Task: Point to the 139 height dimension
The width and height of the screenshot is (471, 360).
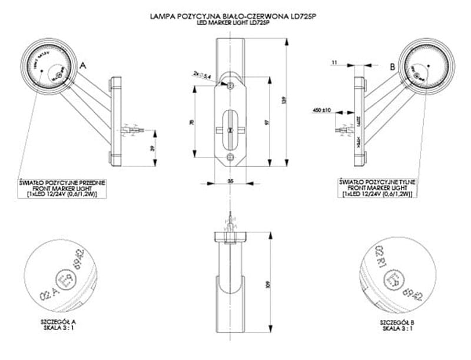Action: point(285,101)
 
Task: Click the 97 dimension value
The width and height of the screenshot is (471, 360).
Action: point(267,122)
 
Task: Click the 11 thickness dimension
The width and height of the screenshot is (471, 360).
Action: point(334,61)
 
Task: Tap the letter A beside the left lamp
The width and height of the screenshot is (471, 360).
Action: point(83,66)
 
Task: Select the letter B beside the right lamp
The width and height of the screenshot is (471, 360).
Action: point(392,67)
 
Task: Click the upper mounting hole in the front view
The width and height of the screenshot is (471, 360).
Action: point(231,86)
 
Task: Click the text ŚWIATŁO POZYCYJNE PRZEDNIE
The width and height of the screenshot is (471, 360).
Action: point(62,183)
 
